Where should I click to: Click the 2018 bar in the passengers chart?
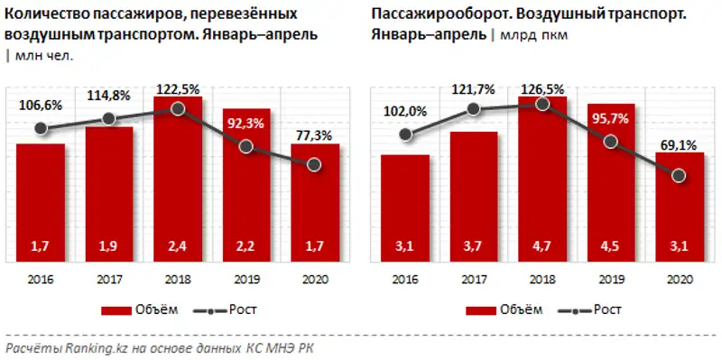(178, 180)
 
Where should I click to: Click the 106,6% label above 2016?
(40, 106)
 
